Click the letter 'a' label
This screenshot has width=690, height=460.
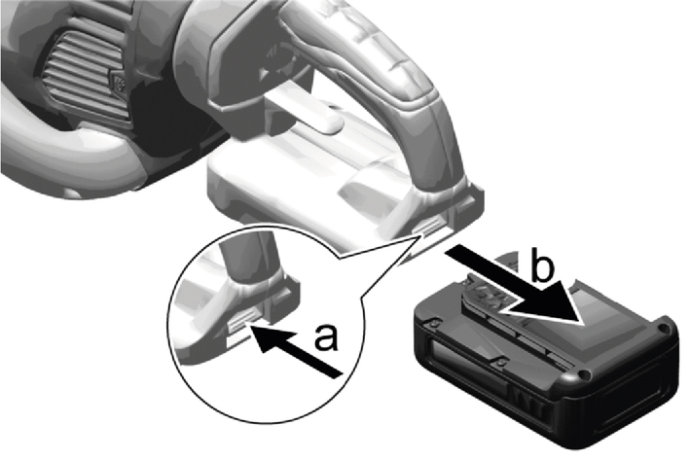tap(327, 337)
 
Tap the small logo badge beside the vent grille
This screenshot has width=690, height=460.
tap(119, 83)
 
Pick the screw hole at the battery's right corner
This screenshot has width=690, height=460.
tap(662, 328)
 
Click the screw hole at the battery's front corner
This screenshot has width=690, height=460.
tap(584, 374)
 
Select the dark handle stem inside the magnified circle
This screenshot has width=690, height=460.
tap(249, 258)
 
